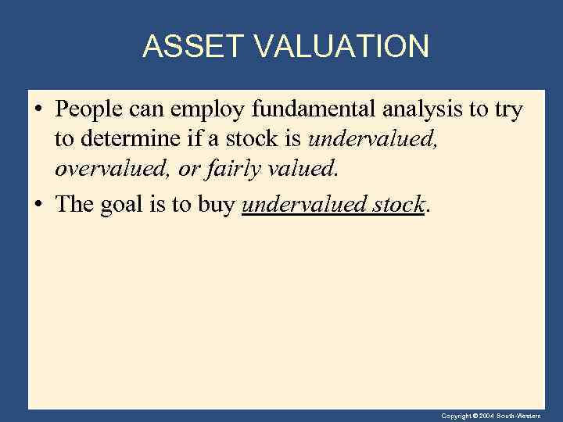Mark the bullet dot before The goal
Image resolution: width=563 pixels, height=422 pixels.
pos(38,206)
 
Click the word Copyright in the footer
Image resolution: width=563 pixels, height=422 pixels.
pos(455,417)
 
